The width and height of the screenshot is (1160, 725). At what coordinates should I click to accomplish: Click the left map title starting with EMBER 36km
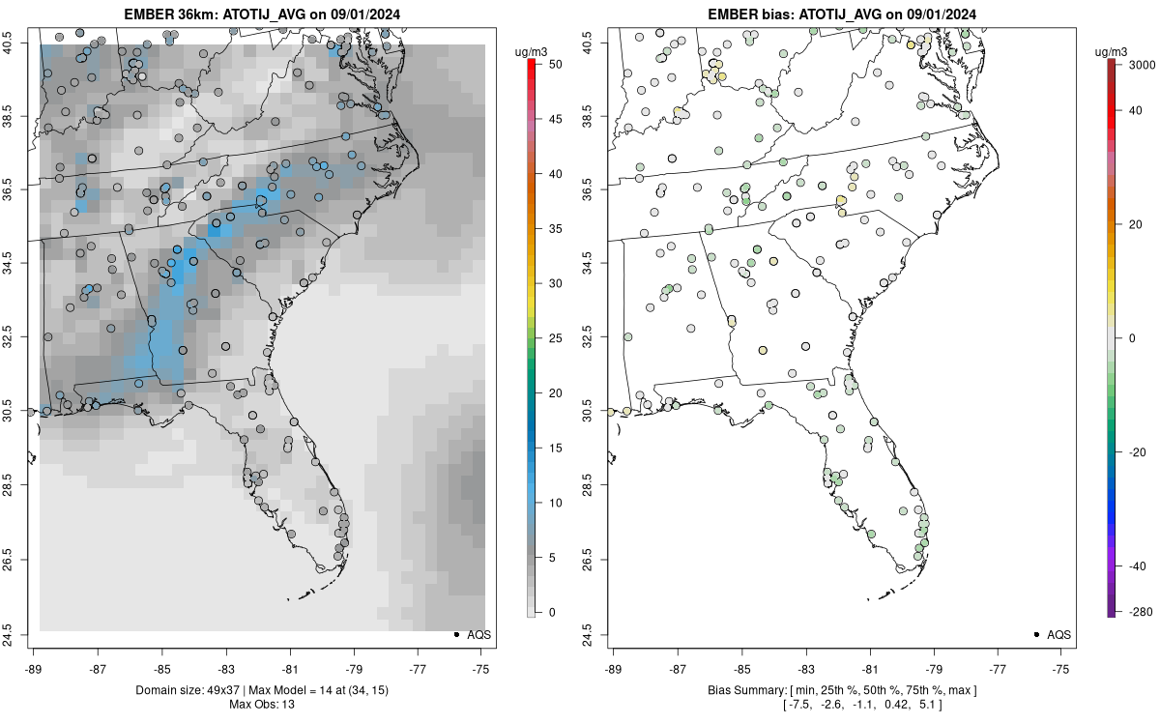pos(260,14)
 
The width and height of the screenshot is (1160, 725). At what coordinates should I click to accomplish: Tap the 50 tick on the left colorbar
pos(550,64)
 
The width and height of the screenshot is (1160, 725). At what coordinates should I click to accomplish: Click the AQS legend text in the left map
pos(478,635)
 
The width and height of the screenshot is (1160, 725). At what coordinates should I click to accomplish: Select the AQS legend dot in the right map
pos(1035,634)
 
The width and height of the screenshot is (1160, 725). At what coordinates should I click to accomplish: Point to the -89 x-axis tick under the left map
pos(34,667)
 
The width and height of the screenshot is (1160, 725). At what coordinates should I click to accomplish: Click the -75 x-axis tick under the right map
pos(1061,667)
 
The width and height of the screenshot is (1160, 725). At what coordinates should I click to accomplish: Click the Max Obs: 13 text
pos(261,704)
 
